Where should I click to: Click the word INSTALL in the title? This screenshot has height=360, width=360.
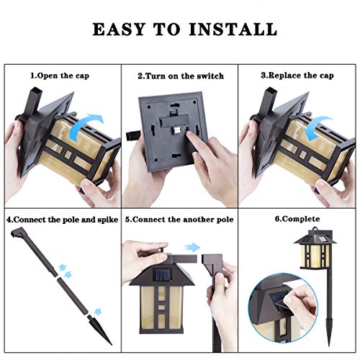(233, 30)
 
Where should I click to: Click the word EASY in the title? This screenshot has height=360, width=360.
(119, 30)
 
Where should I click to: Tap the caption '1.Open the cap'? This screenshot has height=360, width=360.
(60, 76)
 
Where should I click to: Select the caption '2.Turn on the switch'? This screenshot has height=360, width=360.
(181, 76)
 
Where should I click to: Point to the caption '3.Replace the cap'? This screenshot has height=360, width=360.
(297, 76)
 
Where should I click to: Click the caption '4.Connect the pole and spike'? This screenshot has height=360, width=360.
(63, 220)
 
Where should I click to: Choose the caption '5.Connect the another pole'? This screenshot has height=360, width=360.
(179, 220)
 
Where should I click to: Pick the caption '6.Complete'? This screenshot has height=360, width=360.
(297, 219)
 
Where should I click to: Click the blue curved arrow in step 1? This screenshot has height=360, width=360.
(84, 125)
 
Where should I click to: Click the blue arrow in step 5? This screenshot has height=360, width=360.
(192, 248)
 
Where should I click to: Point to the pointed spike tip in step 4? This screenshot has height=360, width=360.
(111, 344)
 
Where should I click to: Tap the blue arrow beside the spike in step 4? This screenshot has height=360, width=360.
(98, 311)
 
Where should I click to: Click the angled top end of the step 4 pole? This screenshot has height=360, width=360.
(17, 232)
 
